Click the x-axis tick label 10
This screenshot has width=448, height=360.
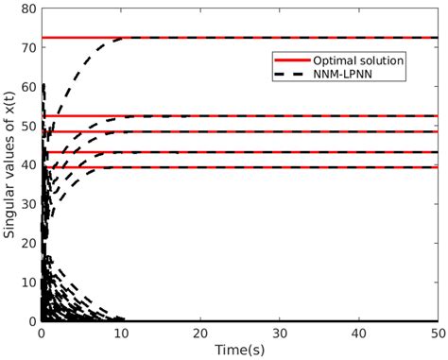(121, 334)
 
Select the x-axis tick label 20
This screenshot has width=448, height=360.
(199, 334)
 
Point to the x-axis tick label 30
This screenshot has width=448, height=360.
(279, 334)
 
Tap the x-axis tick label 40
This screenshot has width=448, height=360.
(358, 334)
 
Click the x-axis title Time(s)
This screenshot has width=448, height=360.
(239, 350)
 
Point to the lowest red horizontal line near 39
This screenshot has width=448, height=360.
(236, 167)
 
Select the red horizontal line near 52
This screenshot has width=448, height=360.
(236, 116)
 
